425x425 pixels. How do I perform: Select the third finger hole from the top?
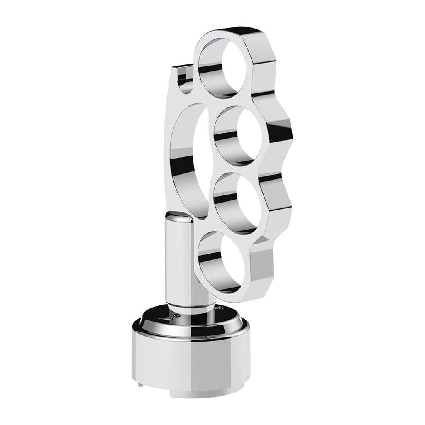(x=237, y=203)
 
